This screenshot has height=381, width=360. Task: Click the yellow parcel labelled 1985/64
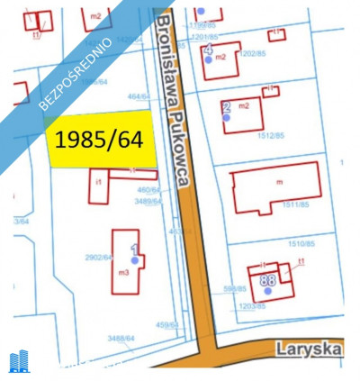point(101,140)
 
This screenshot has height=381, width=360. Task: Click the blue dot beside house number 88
point(267,293)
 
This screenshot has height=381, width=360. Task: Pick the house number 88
point(267,280)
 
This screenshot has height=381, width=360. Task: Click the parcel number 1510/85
point(300,244)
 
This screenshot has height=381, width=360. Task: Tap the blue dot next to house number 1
point(135,259)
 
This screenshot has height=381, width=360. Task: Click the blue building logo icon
point(19,362)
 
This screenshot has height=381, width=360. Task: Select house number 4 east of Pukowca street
point(209,49)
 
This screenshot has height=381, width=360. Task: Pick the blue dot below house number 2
point(227,117)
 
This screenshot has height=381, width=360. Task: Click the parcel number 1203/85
point(253,306)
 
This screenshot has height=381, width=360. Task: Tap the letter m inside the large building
point(280,183)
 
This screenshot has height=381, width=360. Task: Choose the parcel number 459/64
point(166,323)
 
